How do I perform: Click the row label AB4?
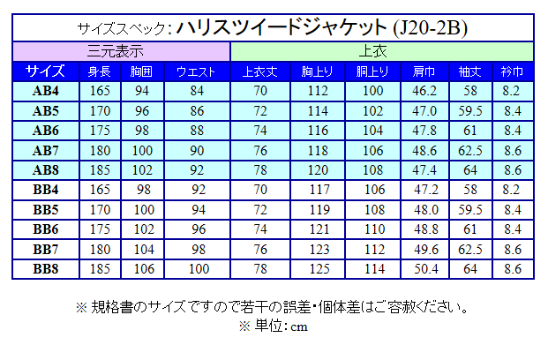pyautogui.click(x=45, y=91)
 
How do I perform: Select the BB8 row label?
pyautogui.click(x=45, y=268)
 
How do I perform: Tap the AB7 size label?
pyautogui.click(x=45, y=150)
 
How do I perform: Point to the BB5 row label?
pyautogui.click(x=45, y=210)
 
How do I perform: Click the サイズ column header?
pyautogui.click(x=45, y=71)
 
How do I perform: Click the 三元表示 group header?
pyautogui.click(x=122, y=51)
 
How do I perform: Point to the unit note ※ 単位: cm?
pyautogui.click(x=274, y=326)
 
